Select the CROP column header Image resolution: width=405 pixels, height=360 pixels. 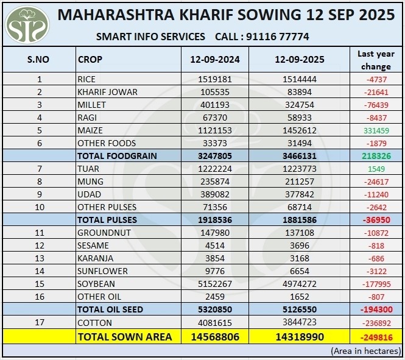click(x=90, y=60)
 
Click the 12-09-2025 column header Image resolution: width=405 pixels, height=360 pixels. click(x=299, y=60)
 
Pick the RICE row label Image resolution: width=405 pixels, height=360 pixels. click(x=86, y=79)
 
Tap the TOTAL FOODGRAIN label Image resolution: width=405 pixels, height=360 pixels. click(x=117, y=156)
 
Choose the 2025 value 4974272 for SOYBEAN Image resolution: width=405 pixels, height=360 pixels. click(x=299, y=284)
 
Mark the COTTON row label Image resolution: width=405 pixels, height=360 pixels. click(x=92, y=322)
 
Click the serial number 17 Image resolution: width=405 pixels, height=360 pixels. click(x=40, y=322)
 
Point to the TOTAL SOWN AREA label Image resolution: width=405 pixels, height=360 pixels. click(x=124, y=336)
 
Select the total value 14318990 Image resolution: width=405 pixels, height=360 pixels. click(x=299, y=336)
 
